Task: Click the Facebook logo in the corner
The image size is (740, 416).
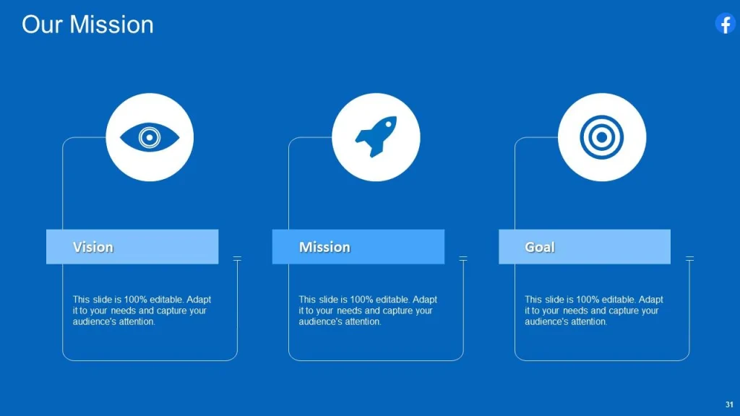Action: [725, 23]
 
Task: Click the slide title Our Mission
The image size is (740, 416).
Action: [87, 25]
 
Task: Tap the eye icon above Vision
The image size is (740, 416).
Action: [150, 137]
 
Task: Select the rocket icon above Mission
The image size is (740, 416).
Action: [376, 136]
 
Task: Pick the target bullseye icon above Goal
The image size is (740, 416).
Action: [602, 137]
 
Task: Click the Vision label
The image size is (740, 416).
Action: [93, 247]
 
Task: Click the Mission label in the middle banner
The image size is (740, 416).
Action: [324, 247]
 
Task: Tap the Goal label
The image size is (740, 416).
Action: [540, 247]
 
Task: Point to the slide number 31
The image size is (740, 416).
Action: [729, 404]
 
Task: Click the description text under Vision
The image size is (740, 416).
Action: [142, 311]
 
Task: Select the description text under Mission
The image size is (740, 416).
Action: [368, 311]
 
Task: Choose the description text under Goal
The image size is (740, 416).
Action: [593, 311]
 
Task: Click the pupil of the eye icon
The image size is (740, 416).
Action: [150, 137]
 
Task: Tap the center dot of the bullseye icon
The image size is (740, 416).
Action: [602, 137]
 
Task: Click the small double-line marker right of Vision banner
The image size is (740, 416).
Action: [237, 258]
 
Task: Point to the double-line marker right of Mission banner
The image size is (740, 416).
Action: [463, 258]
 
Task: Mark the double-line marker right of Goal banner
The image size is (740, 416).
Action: [689, 258]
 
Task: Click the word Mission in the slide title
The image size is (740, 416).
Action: [111, 25]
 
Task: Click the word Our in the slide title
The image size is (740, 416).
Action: [42, 25]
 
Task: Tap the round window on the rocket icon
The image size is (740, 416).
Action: [384, 128]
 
